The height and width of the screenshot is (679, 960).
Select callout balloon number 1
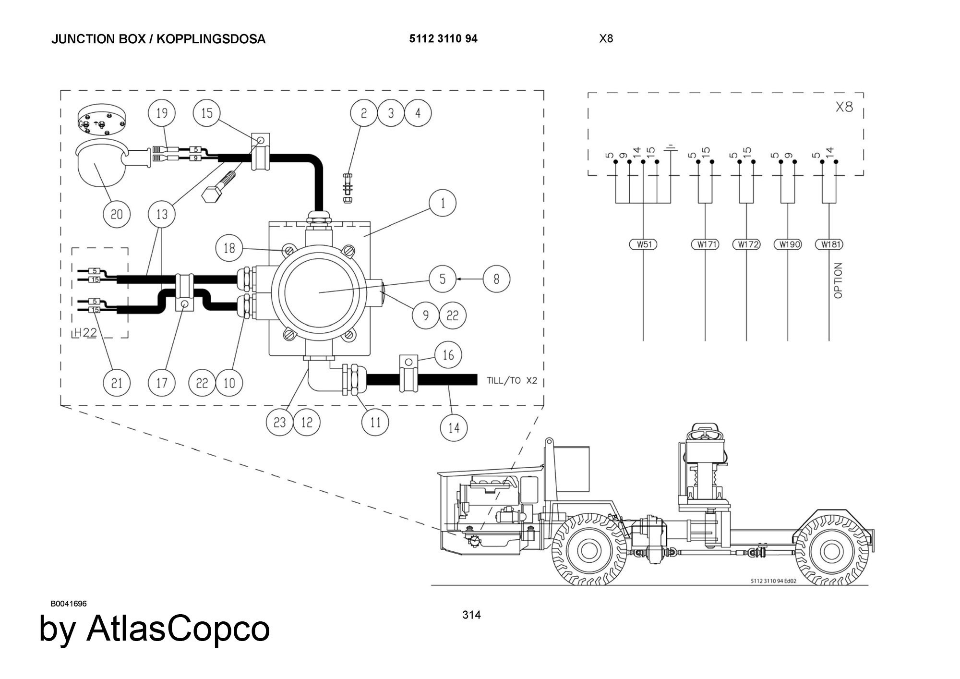coord(443,203)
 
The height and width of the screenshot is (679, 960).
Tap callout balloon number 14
coord(454,427)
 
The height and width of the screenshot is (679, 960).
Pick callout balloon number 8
coord(496,279)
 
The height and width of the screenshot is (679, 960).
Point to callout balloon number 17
coord(162,383)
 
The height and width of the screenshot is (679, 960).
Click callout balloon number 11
coord(375,422)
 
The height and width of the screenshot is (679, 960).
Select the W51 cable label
coord(643,244)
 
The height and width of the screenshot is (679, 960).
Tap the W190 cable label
coord(788,244)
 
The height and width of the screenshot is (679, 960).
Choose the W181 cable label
coord(829,244)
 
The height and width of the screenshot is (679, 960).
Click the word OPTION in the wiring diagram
coord(838,280)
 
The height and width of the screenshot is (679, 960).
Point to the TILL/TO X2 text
coord(512,381)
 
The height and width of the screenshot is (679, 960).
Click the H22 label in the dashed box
coord(85,333)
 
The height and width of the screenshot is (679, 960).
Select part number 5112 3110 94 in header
coord(443,39)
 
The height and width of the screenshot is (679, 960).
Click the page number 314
coord(471,615)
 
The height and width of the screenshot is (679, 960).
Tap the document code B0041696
coord(69,604)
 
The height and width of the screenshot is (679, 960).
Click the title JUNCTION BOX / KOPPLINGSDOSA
coord(158,39)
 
